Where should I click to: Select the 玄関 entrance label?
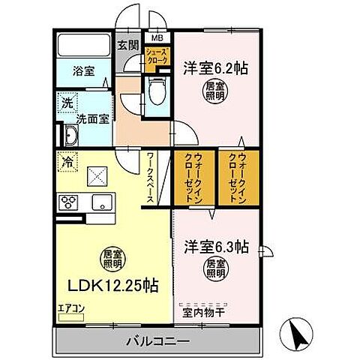pos(127,45)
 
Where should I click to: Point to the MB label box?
pos(157,37)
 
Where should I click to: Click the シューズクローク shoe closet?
pos(157,57)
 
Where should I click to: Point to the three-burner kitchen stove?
pos(70,201)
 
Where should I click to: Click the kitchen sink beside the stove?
pos(100,201)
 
